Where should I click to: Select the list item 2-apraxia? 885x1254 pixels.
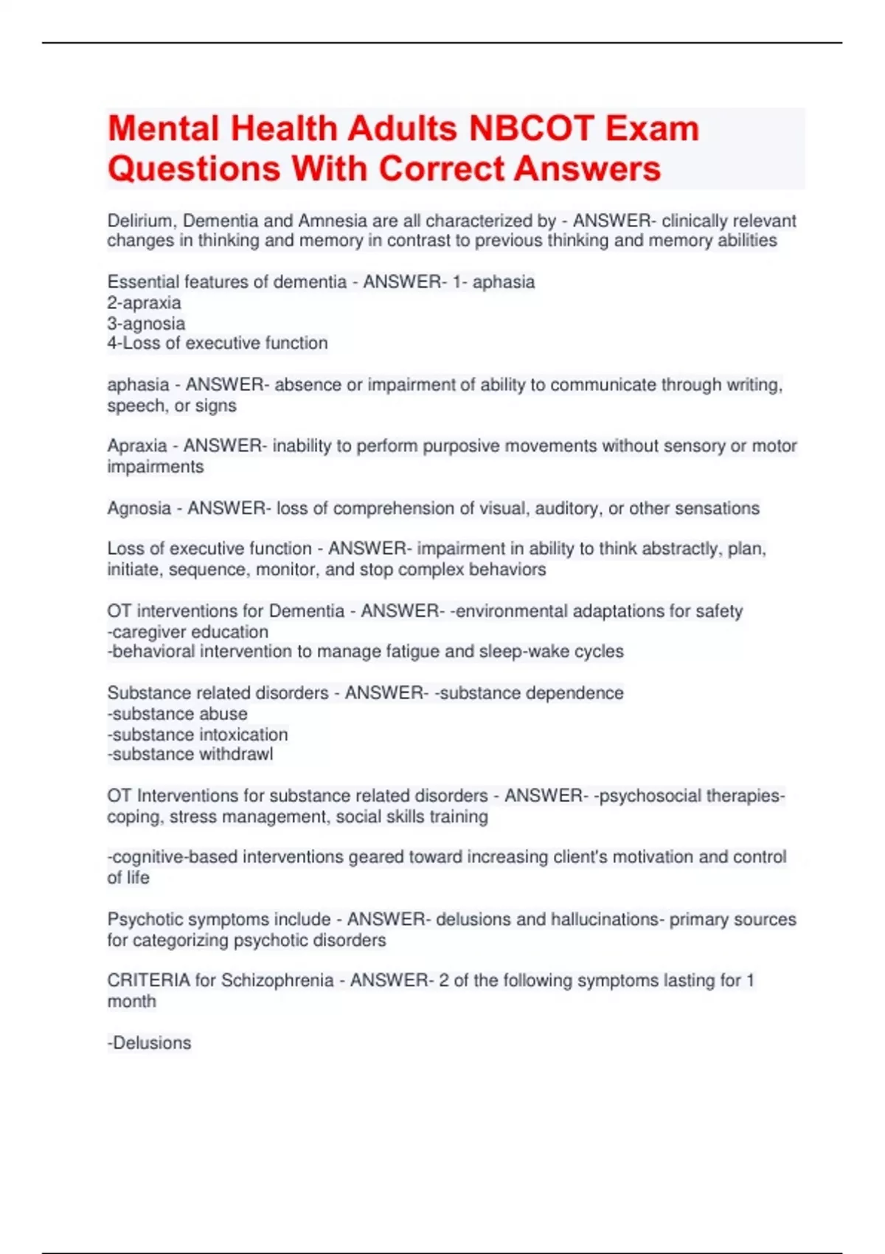[144, 302]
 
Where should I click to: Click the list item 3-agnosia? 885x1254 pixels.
[146, 323]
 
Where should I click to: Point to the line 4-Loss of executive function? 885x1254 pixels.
[218, 343]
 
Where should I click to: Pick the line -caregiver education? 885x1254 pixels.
[188, 631]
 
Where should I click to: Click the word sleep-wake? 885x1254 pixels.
[521, 651]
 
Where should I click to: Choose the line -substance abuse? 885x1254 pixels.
[177, 713]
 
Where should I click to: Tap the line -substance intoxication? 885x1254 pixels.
[198, 734]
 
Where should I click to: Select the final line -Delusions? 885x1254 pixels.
[149, 1042]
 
